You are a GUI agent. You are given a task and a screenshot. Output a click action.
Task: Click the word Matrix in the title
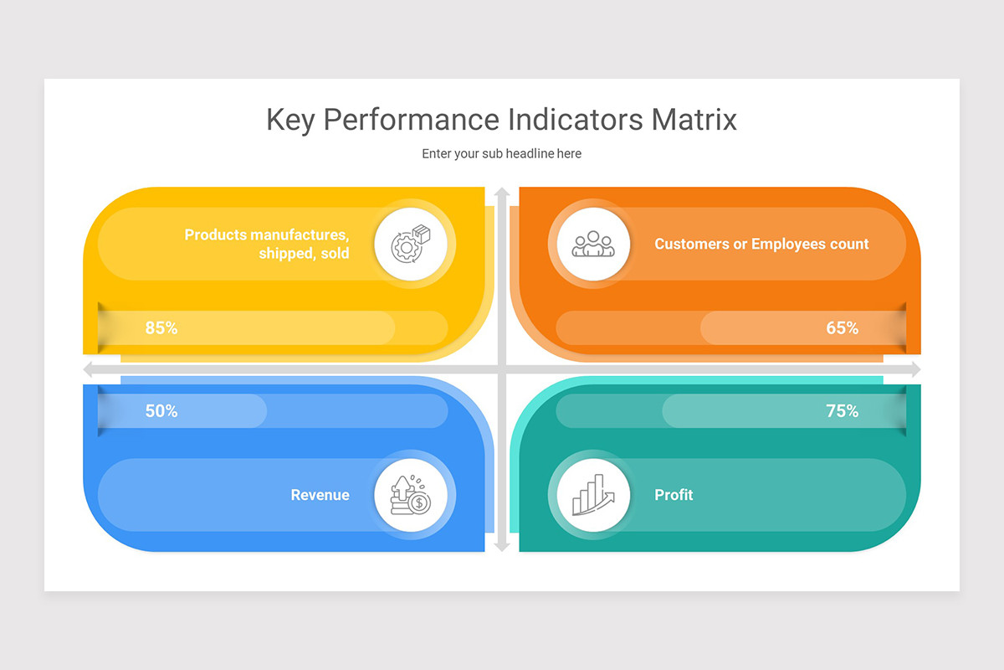[694, 120]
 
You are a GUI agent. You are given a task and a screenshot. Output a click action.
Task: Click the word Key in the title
[290, 121]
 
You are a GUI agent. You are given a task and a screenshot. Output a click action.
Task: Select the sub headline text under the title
[501, 153]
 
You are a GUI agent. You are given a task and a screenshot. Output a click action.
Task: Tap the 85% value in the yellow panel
[161, 328]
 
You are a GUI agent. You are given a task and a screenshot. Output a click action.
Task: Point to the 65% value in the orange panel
[843, 328]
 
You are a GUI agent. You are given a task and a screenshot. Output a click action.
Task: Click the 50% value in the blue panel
[161, 411]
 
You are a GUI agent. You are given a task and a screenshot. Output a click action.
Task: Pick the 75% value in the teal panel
[843, 411]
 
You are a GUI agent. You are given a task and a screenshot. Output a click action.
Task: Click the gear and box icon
[411, 244]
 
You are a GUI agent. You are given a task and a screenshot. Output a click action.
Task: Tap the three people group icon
[593, 244]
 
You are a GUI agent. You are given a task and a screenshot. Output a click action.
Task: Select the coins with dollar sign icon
[411, 494]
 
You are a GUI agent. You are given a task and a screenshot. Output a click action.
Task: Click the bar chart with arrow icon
[593, 494]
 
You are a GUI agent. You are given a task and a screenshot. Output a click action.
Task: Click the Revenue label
[320, 494]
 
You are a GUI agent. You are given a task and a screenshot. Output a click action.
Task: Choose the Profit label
[674, 494]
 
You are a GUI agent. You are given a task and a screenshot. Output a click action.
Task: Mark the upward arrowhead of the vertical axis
[502, 191]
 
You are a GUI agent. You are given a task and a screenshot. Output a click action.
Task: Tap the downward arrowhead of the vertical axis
[502, 547]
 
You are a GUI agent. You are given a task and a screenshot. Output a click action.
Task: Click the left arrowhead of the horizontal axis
[87, 369]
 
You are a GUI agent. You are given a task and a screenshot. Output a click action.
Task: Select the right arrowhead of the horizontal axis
[916, 369]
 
